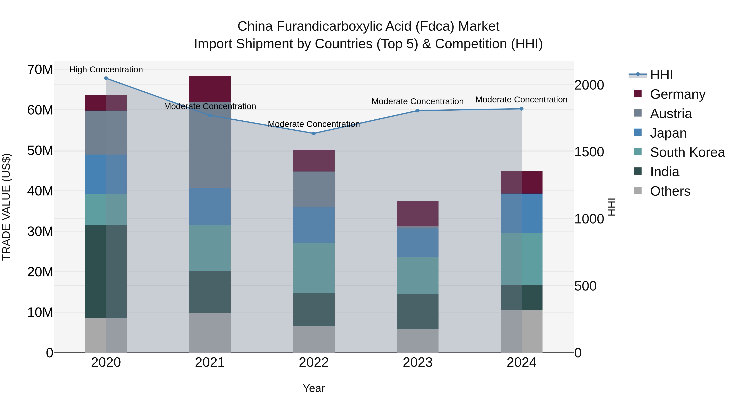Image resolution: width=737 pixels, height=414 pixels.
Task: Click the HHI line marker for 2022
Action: tap(314, 134)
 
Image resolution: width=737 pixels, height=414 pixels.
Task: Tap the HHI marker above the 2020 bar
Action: tap(106, 78)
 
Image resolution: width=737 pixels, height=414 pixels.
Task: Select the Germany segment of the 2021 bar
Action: tap(210, 89)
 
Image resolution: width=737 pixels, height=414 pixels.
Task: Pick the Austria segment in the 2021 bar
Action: tap(210, 145)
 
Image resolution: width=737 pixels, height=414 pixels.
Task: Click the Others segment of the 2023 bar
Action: tap(417, 341)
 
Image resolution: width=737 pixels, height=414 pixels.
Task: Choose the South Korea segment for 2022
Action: tap(314, 268)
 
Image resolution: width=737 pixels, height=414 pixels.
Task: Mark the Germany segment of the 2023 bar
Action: tap(417, 214)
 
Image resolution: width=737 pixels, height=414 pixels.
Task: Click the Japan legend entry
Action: tap(668, 133)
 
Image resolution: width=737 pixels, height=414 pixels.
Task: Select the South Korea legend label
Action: tap(687, 152)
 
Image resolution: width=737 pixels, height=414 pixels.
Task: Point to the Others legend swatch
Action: tap(638, 191)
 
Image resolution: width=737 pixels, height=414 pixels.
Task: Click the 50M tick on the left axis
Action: tap(40, 150)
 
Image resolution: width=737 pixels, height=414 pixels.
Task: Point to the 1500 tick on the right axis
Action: tap(589, 152)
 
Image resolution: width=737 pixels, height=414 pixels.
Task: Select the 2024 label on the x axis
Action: tap(521, 362)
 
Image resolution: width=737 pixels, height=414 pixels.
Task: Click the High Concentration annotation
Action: tap(106, 70)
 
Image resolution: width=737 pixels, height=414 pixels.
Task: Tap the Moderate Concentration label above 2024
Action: tap(521, 100)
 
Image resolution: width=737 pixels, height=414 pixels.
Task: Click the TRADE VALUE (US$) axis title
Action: tap(6, 207)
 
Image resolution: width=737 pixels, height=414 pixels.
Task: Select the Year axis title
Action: tap(314, 388)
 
